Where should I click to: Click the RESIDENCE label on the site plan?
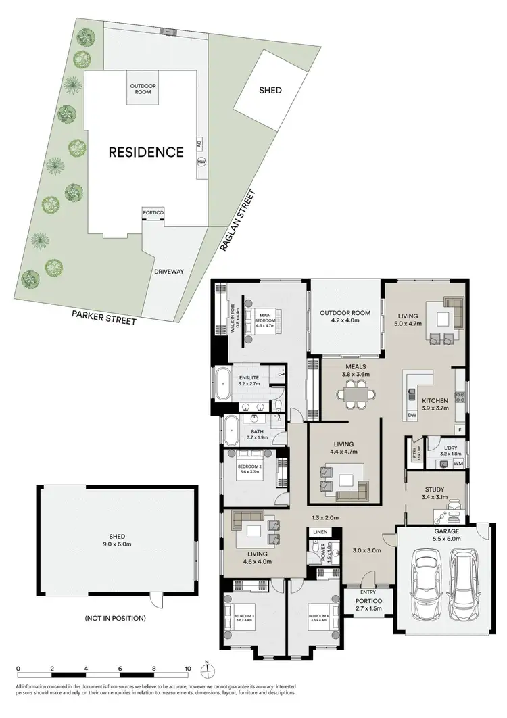146,152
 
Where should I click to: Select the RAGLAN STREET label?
237,220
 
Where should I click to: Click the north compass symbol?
209,670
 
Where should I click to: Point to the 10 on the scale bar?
188,670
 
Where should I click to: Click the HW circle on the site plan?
201,162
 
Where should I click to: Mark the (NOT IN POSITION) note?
115,618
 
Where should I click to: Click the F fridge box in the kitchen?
460,430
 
